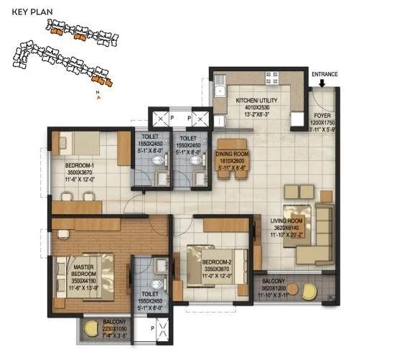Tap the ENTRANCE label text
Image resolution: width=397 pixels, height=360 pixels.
tap(324, 73)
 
